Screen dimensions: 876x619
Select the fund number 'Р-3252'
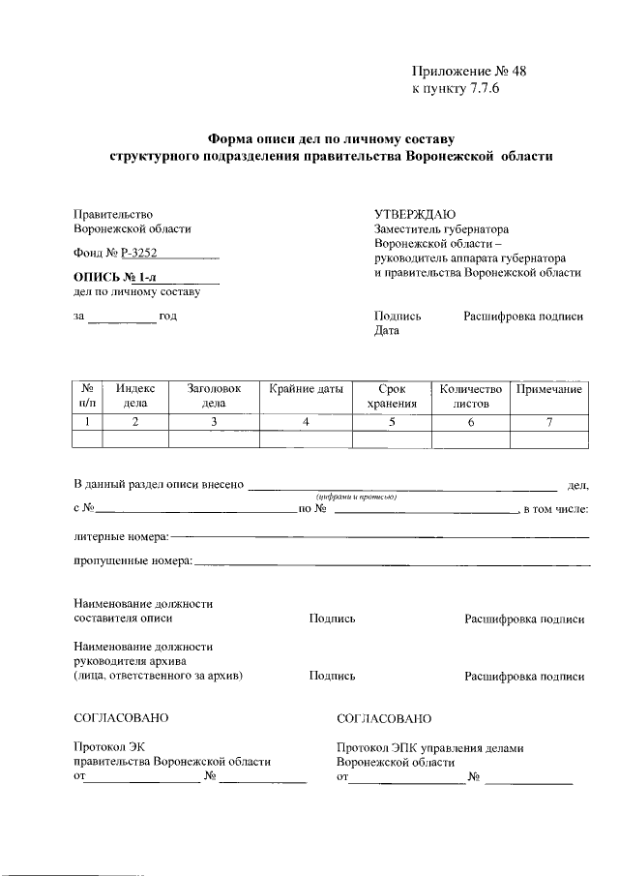139,254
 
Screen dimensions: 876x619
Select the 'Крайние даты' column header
306,389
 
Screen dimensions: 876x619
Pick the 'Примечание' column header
548,389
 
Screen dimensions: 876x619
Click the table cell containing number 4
306,421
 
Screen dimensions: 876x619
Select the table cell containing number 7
548,421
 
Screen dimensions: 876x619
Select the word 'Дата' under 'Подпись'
386,331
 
